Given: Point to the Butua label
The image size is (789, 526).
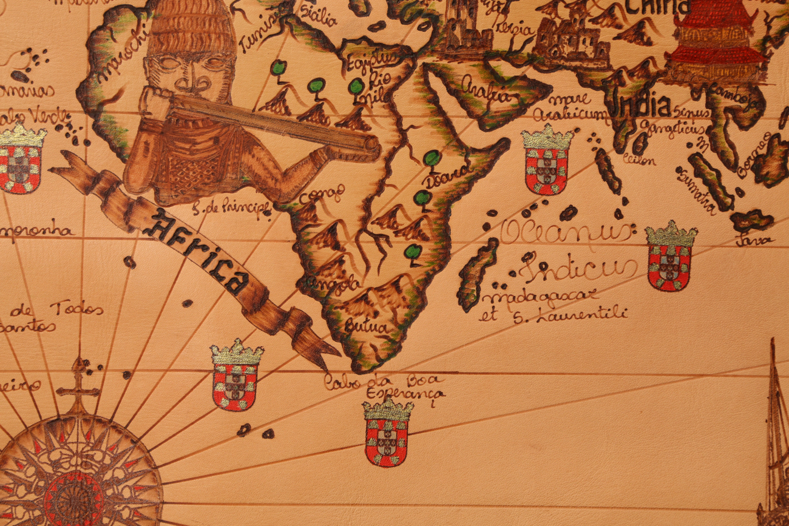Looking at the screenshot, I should (x=365, y=327).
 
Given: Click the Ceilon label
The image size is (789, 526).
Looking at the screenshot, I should (x=639, y=160).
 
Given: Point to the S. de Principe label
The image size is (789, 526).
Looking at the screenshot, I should (x=231, y=208).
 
